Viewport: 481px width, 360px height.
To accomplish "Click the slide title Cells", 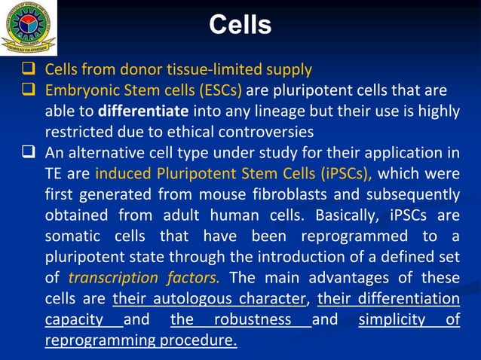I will [x=240, y=26].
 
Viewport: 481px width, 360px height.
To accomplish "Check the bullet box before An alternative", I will [x=30, y=154].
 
